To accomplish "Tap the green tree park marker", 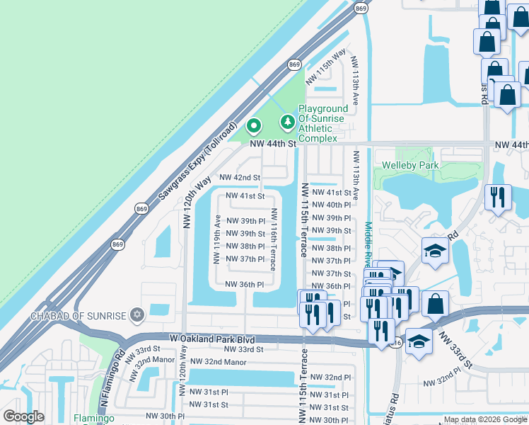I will pyautogui.click(x=287, y=123).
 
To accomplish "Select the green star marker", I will pyautogui.click(x=254, y=127).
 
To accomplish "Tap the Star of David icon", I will pyautogui.click(x=137, y=314).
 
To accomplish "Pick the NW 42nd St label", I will pyautogui.click(x=240, y=177).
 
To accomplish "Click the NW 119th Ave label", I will pyautogui.click(x=218, y=238).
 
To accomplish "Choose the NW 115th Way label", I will pyautogui.click(x=326, y=66).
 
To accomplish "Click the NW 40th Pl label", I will pyautogui.click(x=331, y=205).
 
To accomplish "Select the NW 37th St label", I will pyautogui.click(x=331, y=273).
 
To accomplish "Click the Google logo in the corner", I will pyautogui.click(x=23, y=416).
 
